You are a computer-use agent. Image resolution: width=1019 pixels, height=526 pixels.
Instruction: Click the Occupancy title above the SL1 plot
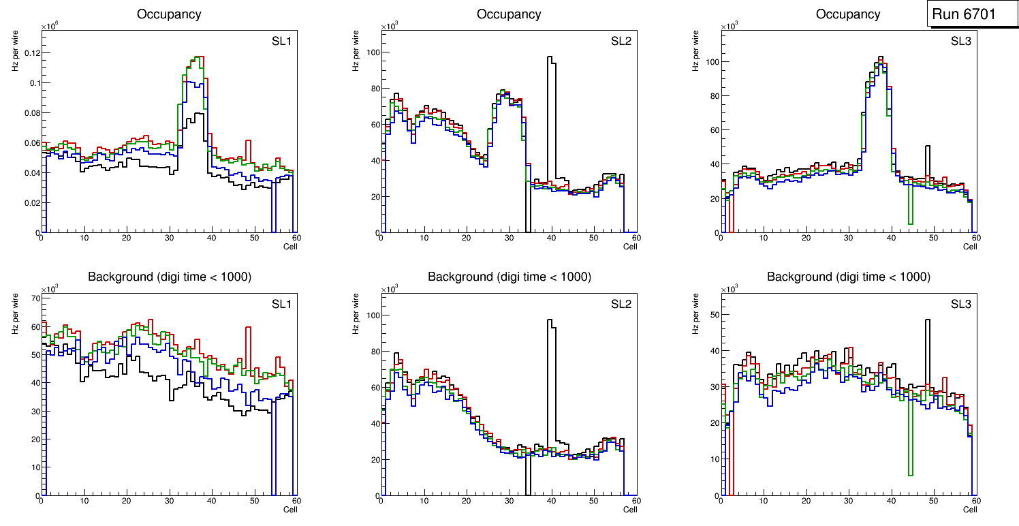(x=169, y=14)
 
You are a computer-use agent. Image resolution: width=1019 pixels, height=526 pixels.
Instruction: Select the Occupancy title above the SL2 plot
(x=509, y=14)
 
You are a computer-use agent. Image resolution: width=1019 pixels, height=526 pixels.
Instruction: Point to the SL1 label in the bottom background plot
(x=281, y=304)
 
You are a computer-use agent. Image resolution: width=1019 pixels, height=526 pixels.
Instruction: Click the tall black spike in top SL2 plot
(x=551, y=60)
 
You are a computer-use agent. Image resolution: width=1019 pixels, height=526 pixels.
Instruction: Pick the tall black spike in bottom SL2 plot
(x=551, y=323)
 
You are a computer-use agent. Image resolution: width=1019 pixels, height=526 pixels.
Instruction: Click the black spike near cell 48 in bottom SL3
(x=927, y=323)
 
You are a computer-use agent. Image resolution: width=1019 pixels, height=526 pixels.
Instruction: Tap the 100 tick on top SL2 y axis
(x=371, y=52)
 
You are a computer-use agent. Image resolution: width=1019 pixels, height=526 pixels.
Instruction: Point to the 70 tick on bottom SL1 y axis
(x=32, y=298)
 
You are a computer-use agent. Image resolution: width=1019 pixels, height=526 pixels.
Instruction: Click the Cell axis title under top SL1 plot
(x=290, y=246)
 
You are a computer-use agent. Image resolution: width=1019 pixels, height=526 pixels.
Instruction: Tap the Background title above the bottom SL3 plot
(x=848, y=277)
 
